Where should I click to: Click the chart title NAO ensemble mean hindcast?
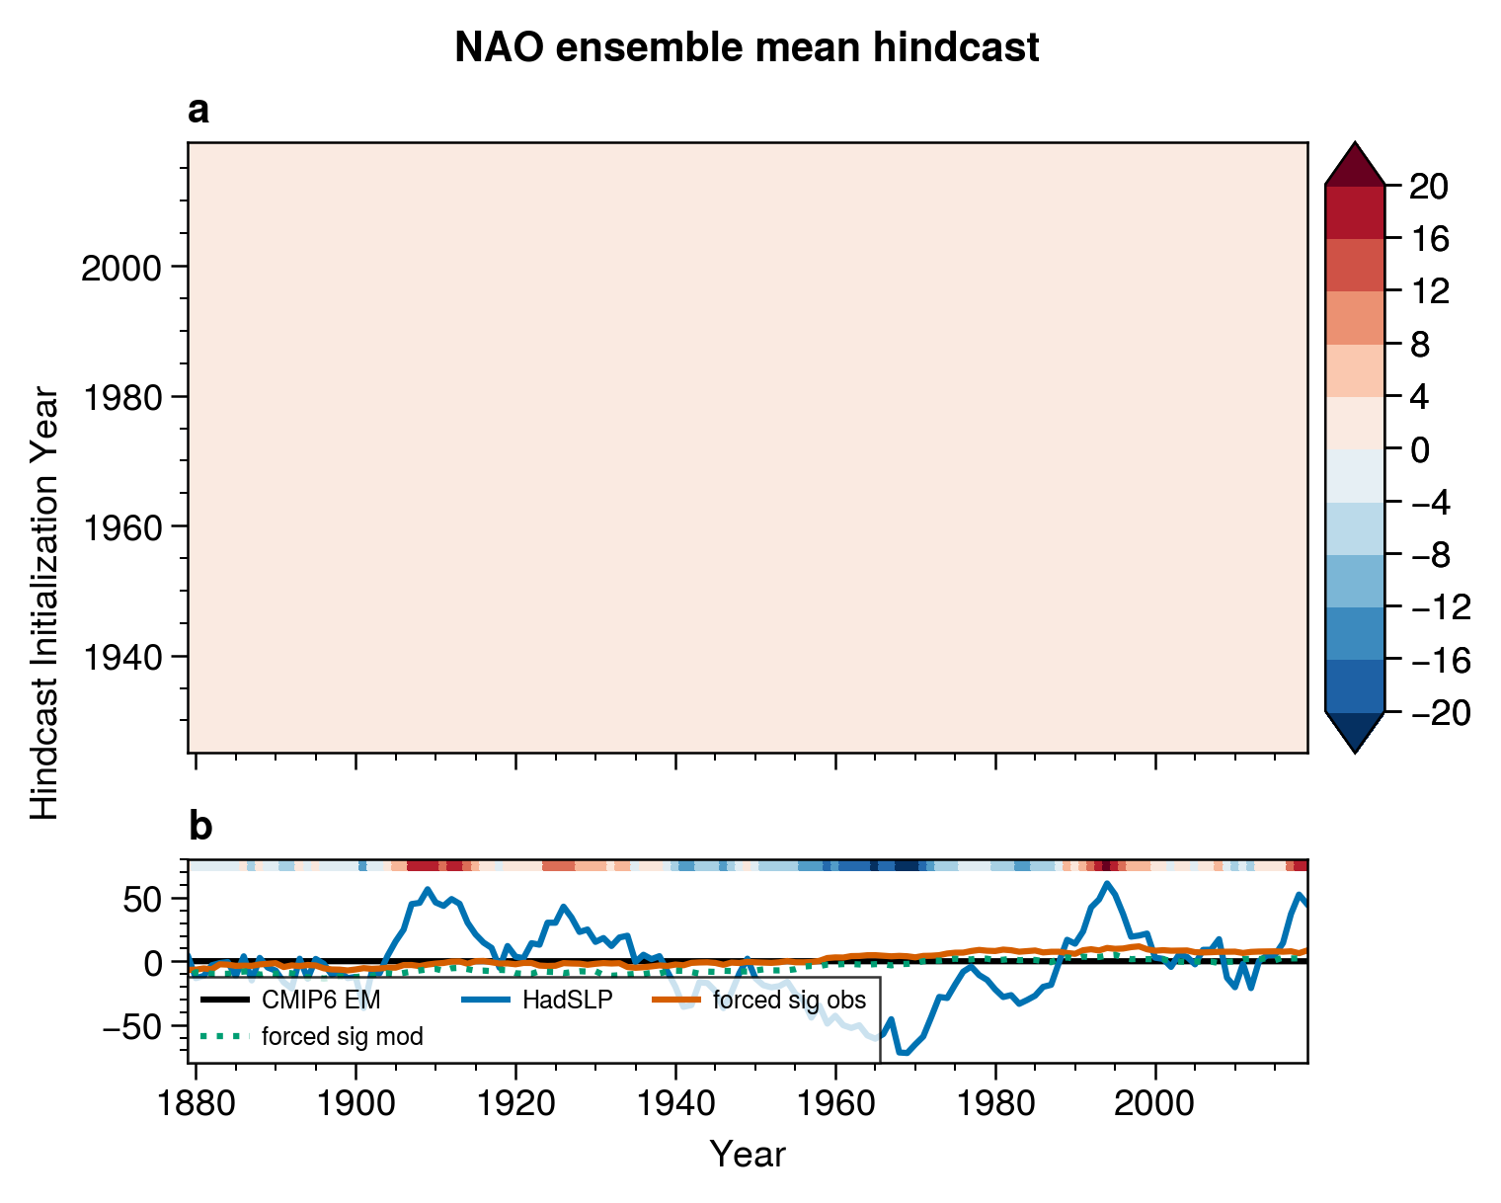pos(747,47)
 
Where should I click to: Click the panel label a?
pos(198,112)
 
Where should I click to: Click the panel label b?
pos(199,827)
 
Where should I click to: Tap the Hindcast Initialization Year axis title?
pos(45,602)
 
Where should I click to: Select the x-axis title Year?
pos(748,1154)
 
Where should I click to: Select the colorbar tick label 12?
pos(1429,291)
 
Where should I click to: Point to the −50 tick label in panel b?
pos(138,1026)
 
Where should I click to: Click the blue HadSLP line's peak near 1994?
pos(1107,883)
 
